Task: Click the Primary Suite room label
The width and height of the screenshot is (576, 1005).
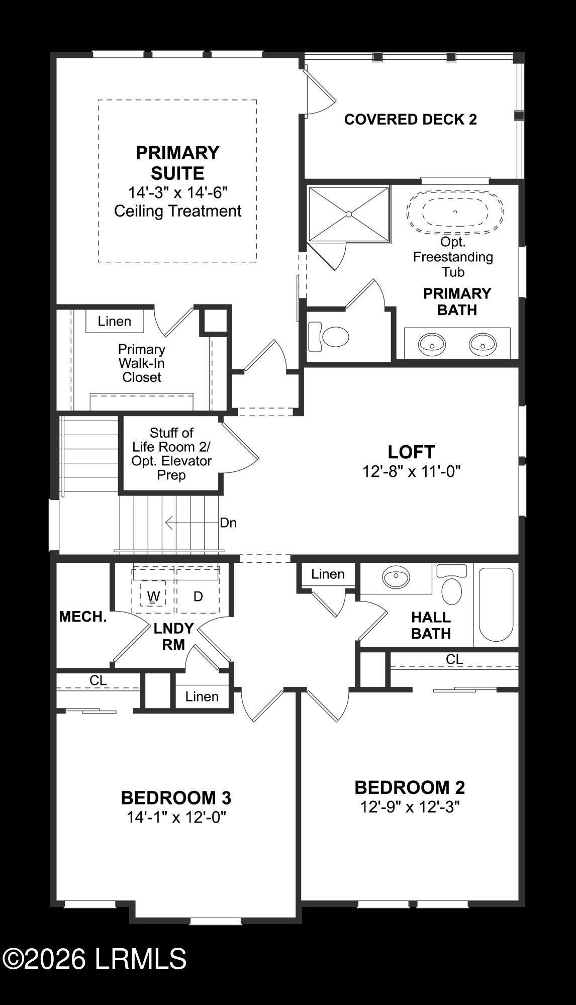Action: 177,163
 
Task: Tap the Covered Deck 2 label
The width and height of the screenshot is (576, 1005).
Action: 410,120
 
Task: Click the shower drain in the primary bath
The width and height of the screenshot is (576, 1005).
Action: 348,215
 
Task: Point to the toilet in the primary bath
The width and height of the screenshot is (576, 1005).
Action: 329,337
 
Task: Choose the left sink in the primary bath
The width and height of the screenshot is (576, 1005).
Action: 432,344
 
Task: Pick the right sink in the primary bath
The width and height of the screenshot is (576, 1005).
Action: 483,344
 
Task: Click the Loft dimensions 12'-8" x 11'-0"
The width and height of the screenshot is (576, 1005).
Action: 411,472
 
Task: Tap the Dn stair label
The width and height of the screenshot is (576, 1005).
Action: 228,523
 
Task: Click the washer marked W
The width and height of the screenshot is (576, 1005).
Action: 153,596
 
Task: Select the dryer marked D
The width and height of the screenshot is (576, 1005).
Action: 198,596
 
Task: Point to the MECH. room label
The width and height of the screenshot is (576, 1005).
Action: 83,617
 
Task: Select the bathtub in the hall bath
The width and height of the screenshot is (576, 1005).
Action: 496,605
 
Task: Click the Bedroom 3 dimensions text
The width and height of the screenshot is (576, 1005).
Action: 176,818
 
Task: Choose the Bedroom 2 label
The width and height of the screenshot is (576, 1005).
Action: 410,787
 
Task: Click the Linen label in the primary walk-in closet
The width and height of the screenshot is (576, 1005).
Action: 115,322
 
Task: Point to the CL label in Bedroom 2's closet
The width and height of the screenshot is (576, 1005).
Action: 454,659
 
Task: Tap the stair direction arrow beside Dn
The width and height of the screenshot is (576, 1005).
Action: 192,523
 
